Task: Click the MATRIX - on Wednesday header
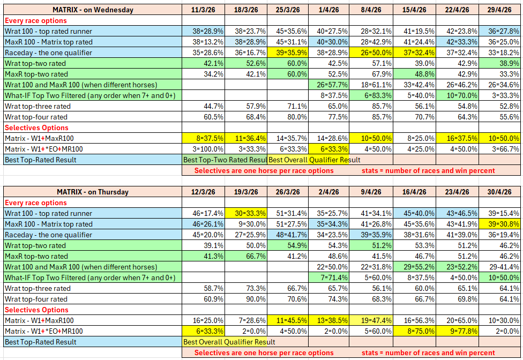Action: (x=93, y=10)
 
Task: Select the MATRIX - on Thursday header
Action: (x=93, y=192)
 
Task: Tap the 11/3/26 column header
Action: (x=203, y=10)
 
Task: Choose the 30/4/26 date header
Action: (x=499, y=192)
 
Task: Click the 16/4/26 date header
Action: (x=414, y=192)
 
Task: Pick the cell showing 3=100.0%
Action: (x=203, y=149)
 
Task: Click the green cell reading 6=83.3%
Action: (x=371, y=96)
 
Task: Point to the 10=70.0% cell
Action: (x=457, y=96)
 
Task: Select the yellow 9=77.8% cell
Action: (x=457, y=331)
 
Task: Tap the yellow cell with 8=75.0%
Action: (x=414, y=331)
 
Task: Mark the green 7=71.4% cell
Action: (x=329, y=277)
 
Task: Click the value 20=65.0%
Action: (x=457, y=321)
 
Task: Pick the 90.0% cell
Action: (x=246, y=299)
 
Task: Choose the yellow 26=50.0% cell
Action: (x=371, y=52)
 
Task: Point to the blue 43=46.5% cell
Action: (x=457, y=213)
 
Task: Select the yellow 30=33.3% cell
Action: (x=246, y=213)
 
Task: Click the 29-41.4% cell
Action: (x=499, y=267)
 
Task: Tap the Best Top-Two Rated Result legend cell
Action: (x=225, y=160)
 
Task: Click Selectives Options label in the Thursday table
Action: (x=36, y=310)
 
